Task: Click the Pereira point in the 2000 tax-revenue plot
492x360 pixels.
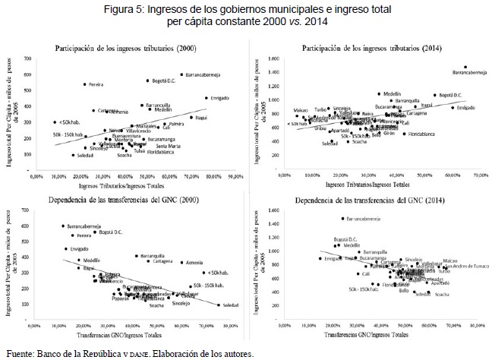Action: [85, 84]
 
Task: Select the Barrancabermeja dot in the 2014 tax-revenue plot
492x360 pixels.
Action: [465, 67]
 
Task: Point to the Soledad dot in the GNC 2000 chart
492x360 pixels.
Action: [219, 305]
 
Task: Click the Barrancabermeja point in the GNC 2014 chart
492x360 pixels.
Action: [342, 218]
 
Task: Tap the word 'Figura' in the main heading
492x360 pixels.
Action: [170, 9]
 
